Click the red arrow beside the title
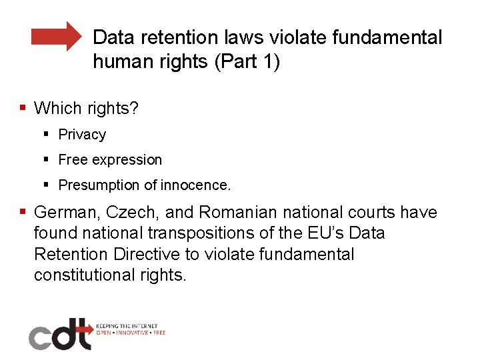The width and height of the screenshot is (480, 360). [x=56, y=36]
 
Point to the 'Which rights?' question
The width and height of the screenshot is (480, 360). [x=86, y=108]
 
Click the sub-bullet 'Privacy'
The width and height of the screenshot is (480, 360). [x=82, y=135]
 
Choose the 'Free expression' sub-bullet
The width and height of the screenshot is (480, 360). [x=110, y=160]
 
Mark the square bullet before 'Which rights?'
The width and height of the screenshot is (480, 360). [x=23, y=107]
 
